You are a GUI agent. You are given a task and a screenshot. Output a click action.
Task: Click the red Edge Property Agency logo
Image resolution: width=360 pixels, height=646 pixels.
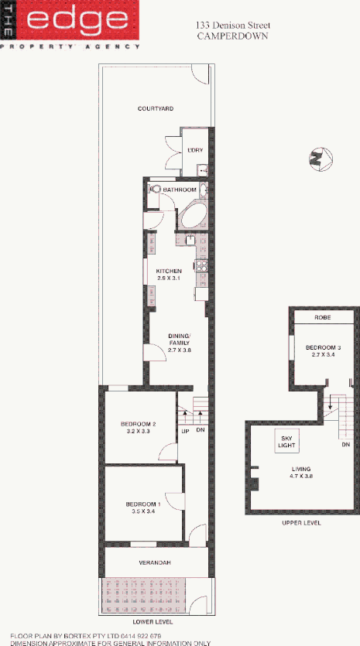(70, 23)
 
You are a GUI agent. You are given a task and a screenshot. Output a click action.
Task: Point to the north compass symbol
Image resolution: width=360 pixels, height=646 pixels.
(317, 159)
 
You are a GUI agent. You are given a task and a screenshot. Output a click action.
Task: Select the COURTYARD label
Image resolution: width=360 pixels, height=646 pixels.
(155, 109)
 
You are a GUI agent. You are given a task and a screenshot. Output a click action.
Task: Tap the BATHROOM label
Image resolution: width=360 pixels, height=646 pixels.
(180, 190)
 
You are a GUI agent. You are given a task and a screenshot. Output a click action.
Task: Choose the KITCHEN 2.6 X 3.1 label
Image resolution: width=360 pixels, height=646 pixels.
(169, 274)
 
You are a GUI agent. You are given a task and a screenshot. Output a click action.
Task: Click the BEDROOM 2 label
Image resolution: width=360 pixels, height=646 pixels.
(139, 427)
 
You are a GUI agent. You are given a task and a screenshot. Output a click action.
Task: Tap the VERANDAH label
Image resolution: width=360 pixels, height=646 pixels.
(156, 562)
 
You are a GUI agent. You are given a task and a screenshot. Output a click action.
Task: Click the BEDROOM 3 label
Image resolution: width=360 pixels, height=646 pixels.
(321, 351)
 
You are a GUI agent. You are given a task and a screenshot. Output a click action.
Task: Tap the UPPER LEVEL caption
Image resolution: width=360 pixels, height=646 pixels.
(302, 523)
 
